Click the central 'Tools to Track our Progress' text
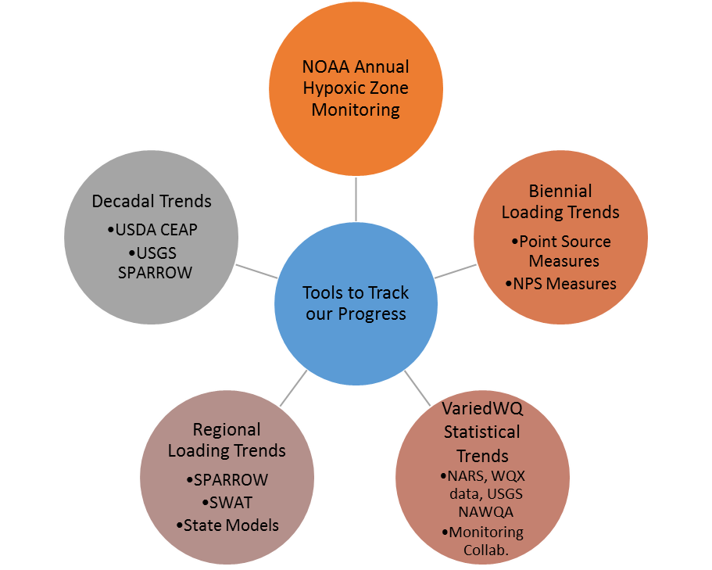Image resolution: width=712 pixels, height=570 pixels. [356, 303]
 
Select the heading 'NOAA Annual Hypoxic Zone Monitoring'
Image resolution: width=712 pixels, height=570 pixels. [356, 88]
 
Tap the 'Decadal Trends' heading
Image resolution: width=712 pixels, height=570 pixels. [152, 201]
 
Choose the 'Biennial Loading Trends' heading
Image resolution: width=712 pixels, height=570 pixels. [560, 201]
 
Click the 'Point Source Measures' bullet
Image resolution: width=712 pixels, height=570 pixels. [560, 251]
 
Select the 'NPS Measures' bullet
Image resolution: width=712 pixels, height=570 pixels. [560, 284]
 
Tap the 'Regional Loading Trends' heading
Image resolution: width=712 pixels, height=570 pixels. [227, 440]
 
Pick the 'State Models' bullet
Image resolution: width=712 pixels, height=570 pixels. [227, 525]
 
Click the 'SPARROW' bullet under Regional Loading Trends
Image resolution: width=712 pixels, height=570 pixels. [227, 479]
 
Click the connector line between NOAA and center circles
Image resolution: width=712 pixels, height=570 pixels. [356, 199]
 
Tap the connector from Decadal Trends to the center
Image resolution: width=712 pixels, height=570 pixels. [256, 271]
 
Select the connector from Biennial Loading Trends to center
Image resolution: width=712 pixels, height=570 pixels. [455, 271]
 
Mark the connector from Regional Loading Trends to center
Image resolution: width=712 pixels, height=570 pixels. [293, 389]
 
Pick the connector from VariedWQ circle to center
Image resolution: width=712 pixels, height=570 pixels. [417, 388]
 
